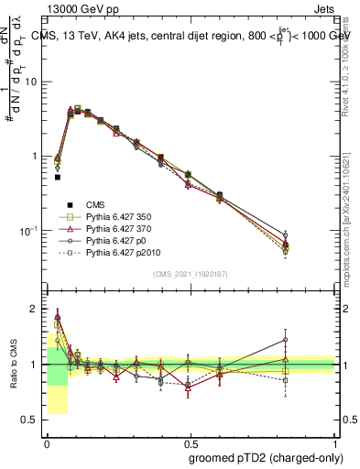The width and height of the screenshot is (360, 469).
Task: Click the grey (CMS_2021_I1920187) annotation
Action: tap(191, 274)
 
